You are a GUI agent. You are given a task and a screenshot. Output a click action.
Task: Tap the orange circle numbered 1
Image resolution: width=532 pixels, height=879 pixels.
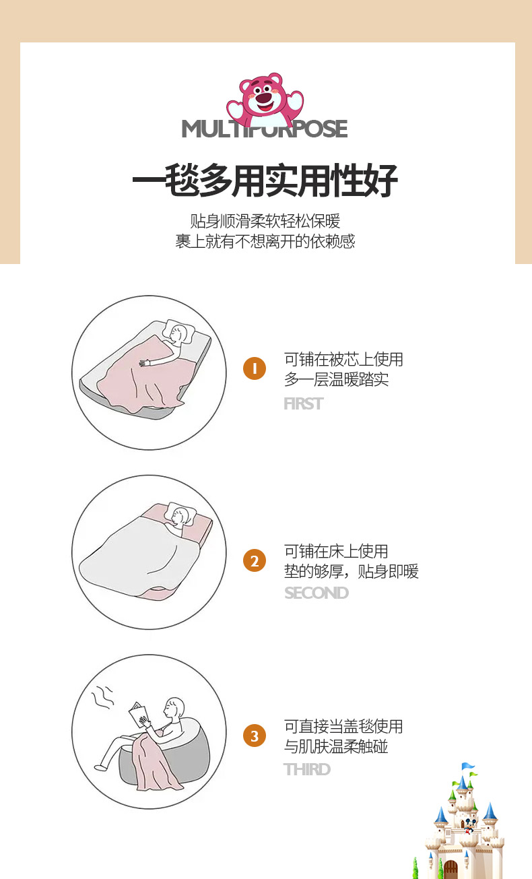tap(255, 368)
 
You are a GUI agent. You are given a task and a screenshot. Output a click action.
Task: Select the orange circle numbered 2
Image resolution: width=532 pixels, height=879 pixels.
tap(255, 560)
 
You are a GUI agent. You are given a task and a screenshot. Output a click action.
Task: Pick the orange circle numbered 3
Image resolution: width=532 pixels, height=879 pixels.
tap(255, 736)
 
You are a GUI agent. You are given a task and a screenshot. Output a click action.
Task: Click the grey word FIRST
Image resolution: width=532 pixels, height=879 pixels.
tap(304, 403)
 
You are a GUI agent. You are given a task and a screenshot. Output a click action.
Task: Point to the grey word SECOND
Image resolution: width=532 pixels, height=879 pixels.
tap(317, 593)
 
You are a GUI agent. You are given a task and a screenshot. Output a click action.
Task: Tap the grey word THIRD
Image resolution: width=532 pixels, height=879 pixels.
tap(307, 769)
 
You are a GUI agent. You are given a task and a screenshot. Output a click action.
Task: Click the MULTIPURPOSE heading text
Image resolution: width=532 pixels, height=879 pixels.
tap(265, 129)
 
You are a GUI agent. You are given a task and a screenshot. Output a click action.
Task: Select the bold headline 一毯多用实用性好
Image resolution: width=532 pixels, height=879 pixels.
tap(265, 181)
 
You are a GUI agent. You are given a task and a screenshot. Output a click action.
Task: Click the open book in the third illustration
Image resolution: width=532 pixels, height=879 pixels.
tap(138, 715)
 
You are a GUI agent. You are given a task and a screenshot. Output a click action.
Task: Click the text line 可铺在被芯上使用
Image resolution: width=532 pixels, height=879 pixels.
tap(343, 359)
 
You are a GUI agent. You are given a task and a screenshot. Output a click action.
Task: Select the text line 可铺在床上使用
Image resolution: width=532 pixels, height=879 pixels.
tap(336, 552)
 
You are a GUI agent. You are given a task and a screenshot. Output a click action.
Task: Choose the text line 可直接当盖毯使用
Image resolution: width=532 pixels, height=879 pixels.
tap(343, 726)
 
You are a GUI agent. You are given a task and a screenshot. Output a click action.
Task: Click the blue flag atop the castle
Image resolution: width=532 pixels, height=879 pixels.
tap(469, 766)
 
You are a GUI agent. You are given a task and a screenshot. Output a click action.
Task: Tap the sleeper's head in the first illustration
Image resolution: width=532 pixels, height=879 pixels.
tap(177, 334)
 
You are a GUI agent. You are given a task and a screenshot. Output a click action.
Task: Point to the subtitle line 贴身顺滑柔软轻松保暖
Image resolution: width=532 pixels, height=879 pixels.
tap(265, 222)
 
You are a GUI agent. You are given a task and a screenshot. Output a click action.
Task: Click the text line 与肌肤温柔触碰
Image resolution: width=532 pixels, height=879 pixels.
tap(336, 746)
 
